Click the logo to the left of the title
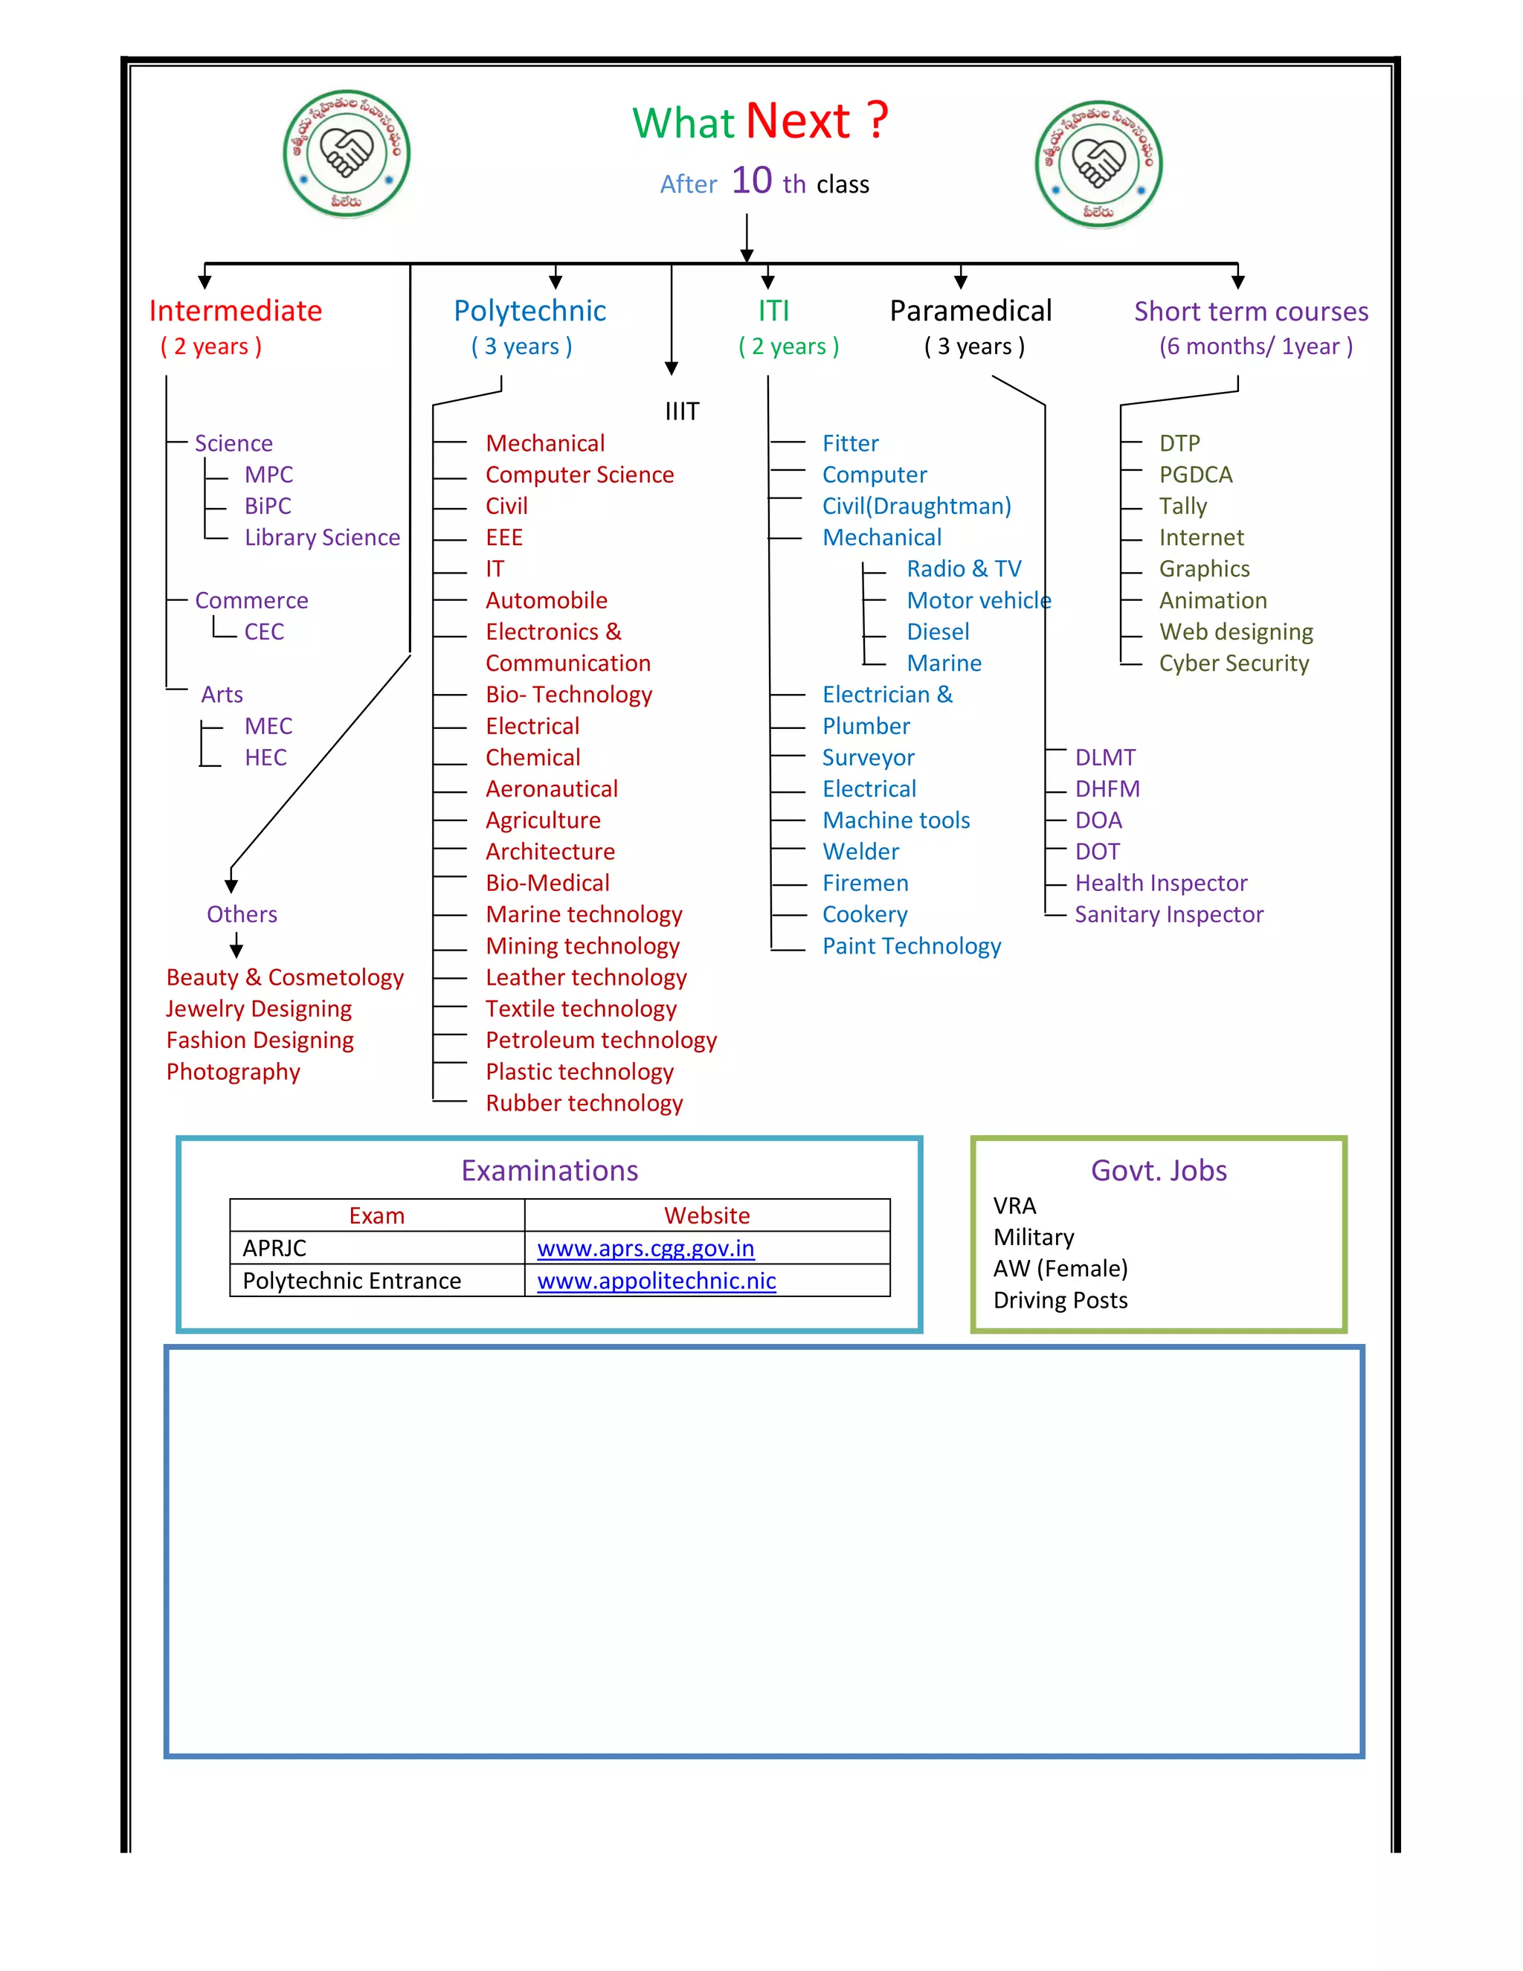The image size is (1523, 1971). tap(347, 153)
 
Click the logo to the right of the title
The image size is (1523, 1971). tap(1098, 164)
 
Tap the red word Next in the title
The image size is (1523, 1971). tap(799, 121)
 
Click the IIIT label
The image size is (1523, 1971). tap(682, 411)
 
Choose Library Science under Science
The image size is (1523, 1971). tap(322, 538)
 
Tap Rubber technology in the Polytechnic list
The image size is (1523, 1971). tap(584, 1104)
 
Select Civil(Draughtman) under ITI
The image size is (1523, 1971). tap(915, 507)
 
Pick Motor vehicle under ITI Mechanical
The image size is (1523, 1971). tap(978, 601)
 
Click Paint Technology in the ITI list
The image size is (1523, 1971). tap(911, 947)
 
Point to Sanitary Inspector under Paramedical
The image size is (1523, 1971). tap(1168, 915)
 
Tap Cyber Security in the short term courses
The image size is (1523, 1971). tap(1234, 664)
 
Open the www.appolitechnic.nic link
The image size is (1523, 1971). tap(656, 1282)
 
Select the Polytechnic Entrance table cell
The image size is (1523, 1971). tap(352, 1282)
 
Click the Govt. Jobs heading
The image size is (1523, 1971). tap(1159, 1171)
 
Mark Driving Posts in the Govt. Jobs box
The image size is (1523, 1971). tap(1060, 1300)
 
